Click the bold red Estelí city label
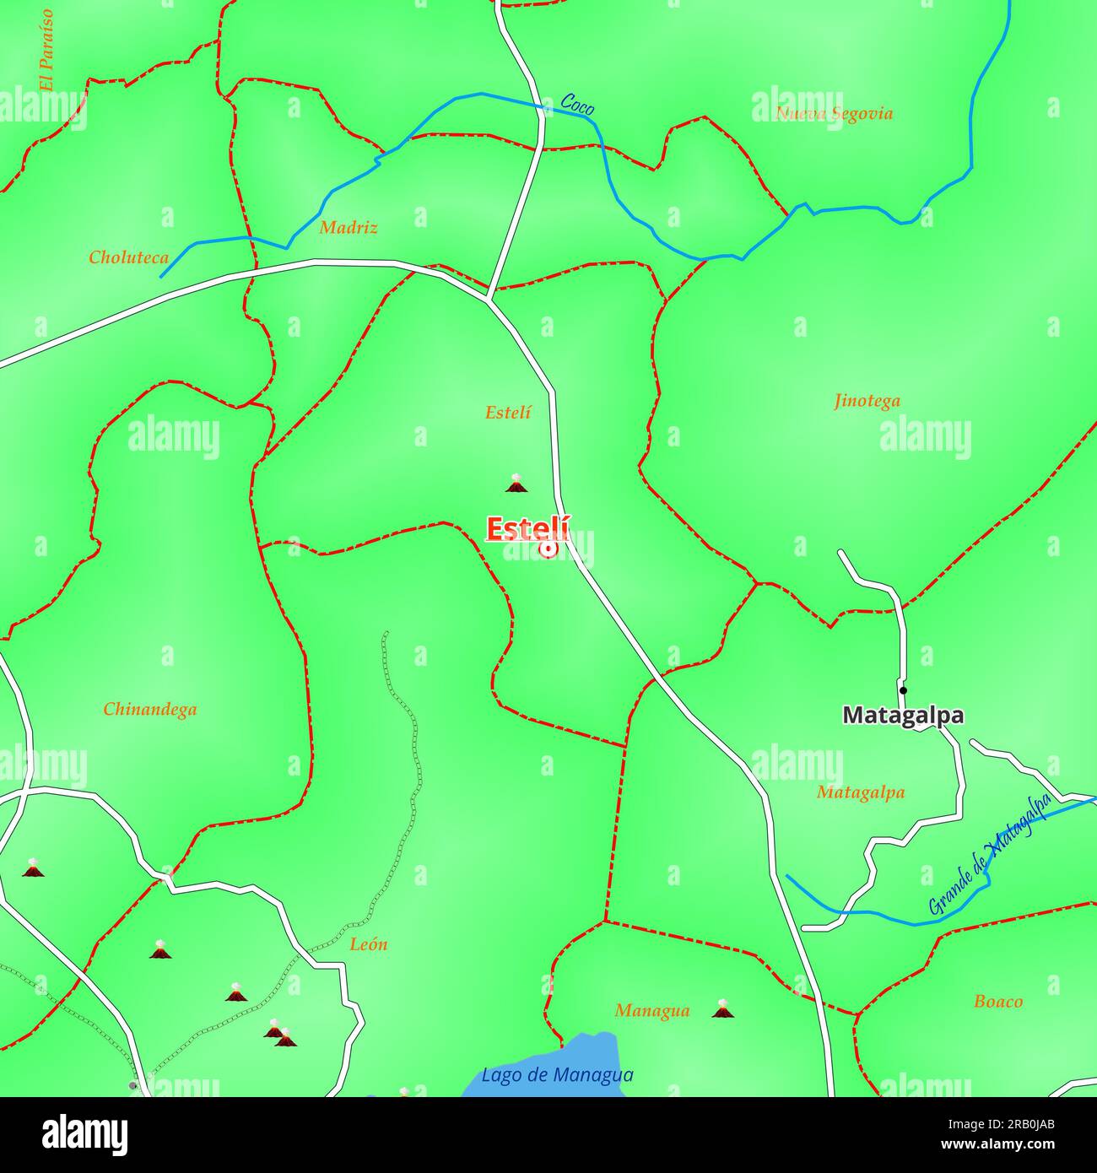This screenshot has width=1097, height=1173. click(527, 529)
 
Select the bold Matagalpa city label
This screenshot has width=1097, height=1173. click(903, 716)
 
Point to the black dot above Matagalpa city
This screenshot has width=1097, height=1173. click(903, 690)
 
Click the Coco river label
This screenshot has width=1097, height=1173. click(577, 104)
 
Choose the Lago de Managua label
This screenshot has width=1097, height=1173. click(557, 1075)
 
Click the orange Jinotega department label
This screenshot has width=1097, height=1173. click(867, 401)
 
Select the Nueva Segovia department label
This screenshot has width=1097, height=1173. click(834, 114)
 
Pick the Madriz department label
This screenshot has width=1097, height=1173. click(349, 227)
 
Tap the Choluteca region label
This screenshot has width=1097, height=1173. click(129, 257)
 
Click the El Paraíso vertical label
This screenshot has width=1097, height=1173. click(46, 50)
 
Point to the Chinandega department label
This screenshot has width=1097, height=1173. click(150, 710)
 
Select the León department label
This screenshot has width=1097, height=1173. click(369, 944)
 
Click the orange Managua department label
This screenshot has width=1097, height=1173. click(652, 1010)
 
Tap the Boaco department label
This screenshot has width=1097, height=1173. click(998, 1002)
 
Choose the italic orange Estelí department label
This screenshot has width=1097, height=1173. click(508, 413)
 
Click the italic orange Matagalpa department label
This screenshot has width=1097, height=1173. click(861, 792)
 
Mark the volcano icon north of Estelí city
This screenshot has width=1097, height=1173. click(516, 484)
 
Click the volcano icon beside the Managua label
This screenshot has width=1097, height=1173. click(721, 1008)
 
